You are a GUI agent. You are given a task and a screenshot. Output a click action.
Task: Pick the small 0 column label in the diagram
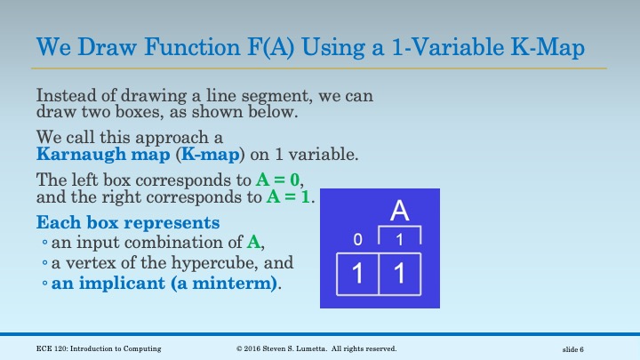[357, 240]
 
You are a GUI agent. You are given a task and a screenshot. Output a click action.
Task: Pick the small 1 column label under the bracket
[400, 240]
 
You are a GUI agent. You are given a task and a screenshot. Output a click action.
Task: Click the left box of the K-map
[357, 275]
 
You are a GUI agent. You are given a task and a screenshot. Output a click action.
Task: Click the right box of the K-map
[400, 275]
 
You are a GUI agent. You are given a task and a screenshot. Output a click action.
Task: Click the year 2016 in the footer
[254, 348]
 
